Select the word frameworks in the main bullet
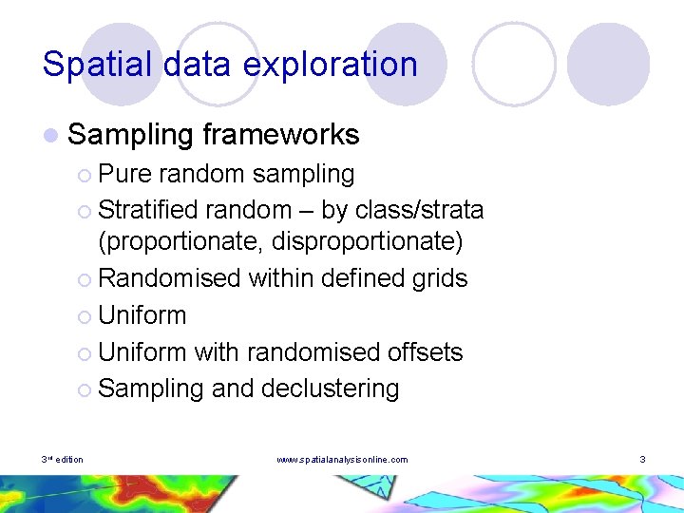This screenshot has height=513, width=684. pyautogui.click(x=281, y=135)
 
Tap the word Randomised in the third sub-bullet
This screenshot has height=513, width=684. pyautogui.click(x=169, y=278)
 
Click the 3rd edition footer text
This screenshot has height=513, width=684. pyautogui.click(x=63, y=460)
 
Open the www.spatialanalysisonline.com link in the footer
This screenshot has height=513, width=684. pyautogui.click(x=342, y=460)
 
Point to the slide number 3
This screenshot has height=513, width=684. pyautogui.click(x=643, y=460)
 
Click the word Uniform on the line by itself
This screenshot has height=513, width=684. pyautogui.click(x=142, y=315)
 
